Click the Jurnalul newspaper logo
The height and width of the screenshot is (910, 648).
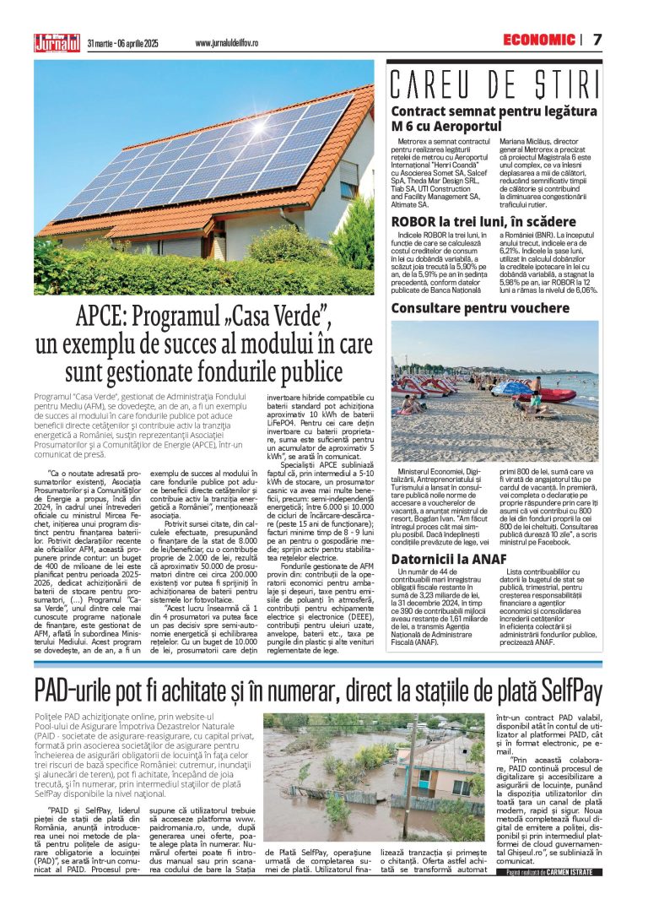click(57, 41)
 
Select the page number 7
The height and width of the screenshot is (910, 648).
click(597, 40)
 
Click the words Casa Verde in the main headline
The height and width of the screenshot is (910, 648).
click(283, 319)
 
